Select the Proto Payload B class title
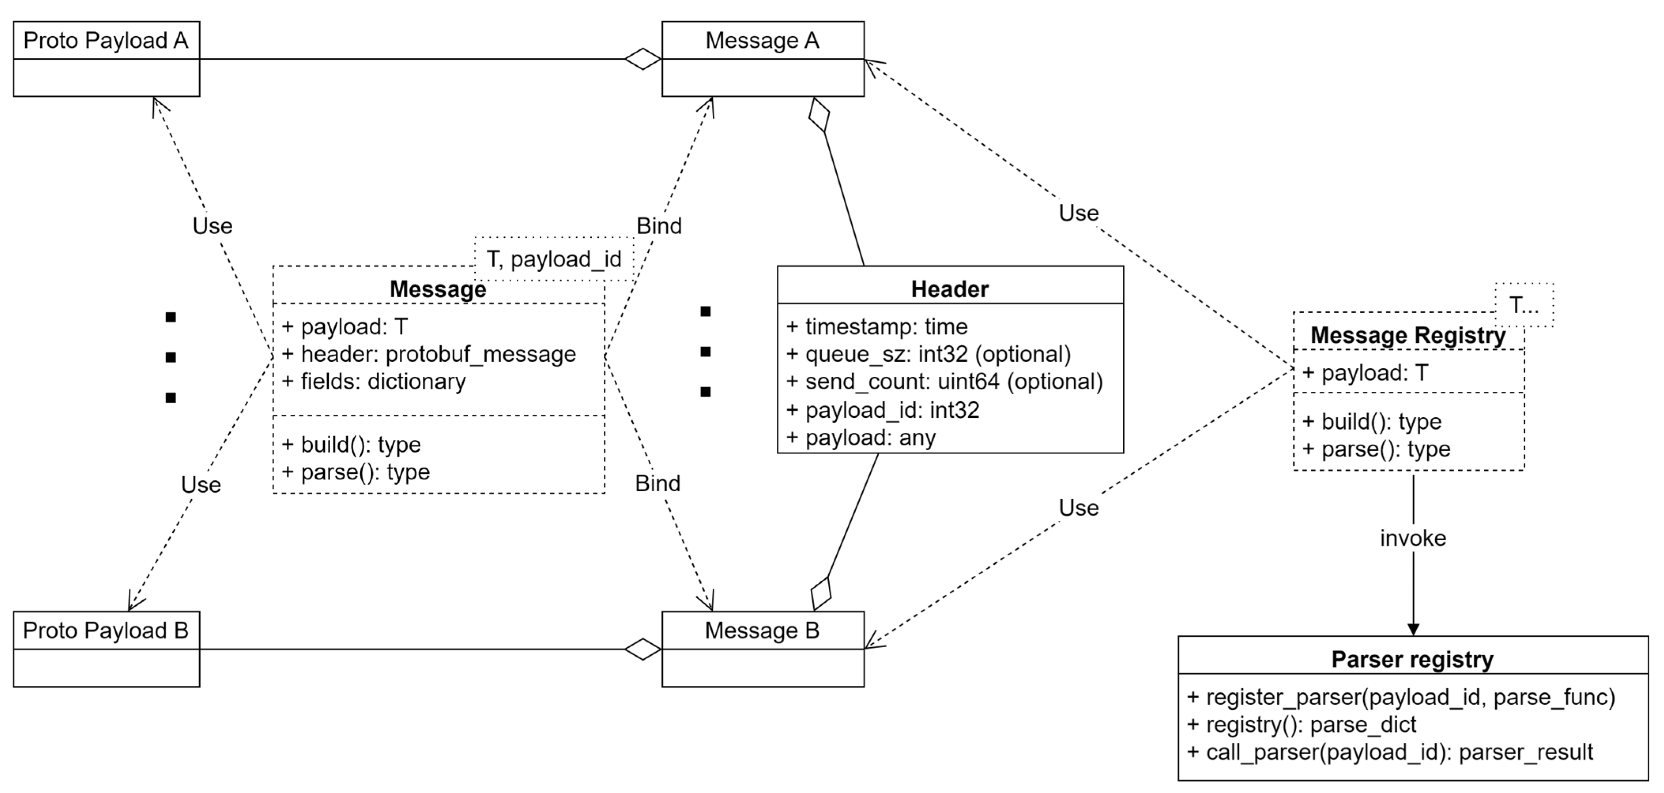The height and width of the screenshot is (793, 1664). [106, 630]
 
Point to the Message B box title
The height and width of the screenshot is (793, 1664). [762, 630]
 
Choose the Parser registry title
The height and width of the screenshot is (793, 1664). [1413, 660]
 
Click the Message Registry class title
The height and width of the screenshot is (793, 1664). [1408, 335]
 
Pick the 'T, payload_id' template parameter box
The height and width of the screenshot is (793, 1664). [554, 259]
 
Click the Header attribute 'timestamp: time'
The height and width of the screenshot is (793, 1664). [877, 327]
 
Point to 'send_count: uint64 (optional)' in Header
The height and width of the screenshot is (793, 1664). [945, 381]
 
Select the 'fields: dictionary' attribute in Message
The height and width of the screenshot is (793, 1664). [374, 381]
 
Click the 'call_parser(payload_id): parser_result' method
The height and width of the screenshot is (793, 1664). [1390, 752]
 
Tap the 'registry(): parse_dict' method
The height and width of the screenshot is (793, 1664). [1302, 725]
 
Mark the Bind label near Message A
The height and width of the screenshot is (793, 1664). [659, 226]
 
